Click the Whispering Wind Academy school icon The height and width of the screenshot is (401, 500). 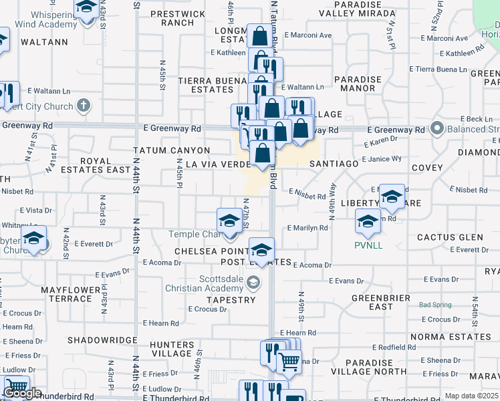coord(86,9)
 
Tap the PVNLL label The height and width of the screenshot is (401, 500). coord(368,245)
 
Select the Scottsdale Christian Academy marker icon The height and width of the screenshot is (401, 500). coord(253,283)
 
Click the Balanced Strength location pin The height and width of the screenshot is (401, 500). coord(438,127)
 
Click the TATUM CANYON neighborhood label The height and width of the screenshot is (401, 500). coord(172,150)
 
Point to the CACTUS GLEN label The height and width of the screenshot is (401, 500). coord(450,237)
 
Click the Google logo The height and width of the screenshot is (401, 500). coord(22,394)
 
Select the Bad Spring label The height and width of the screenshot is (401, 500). coord(434,305)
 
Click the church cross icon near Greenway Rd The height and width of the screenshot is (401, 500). coord(83,106)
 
